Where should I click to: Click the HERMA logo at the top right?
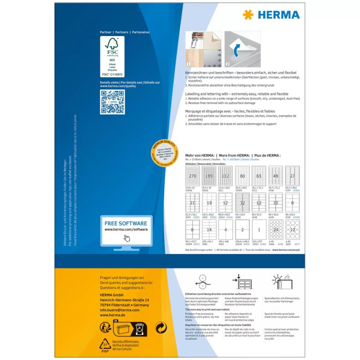(x=271, y=15)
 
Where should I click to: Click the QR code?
(x=112, y=102)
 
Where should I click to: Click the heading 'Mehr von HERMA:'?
(x=200, y=155)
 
